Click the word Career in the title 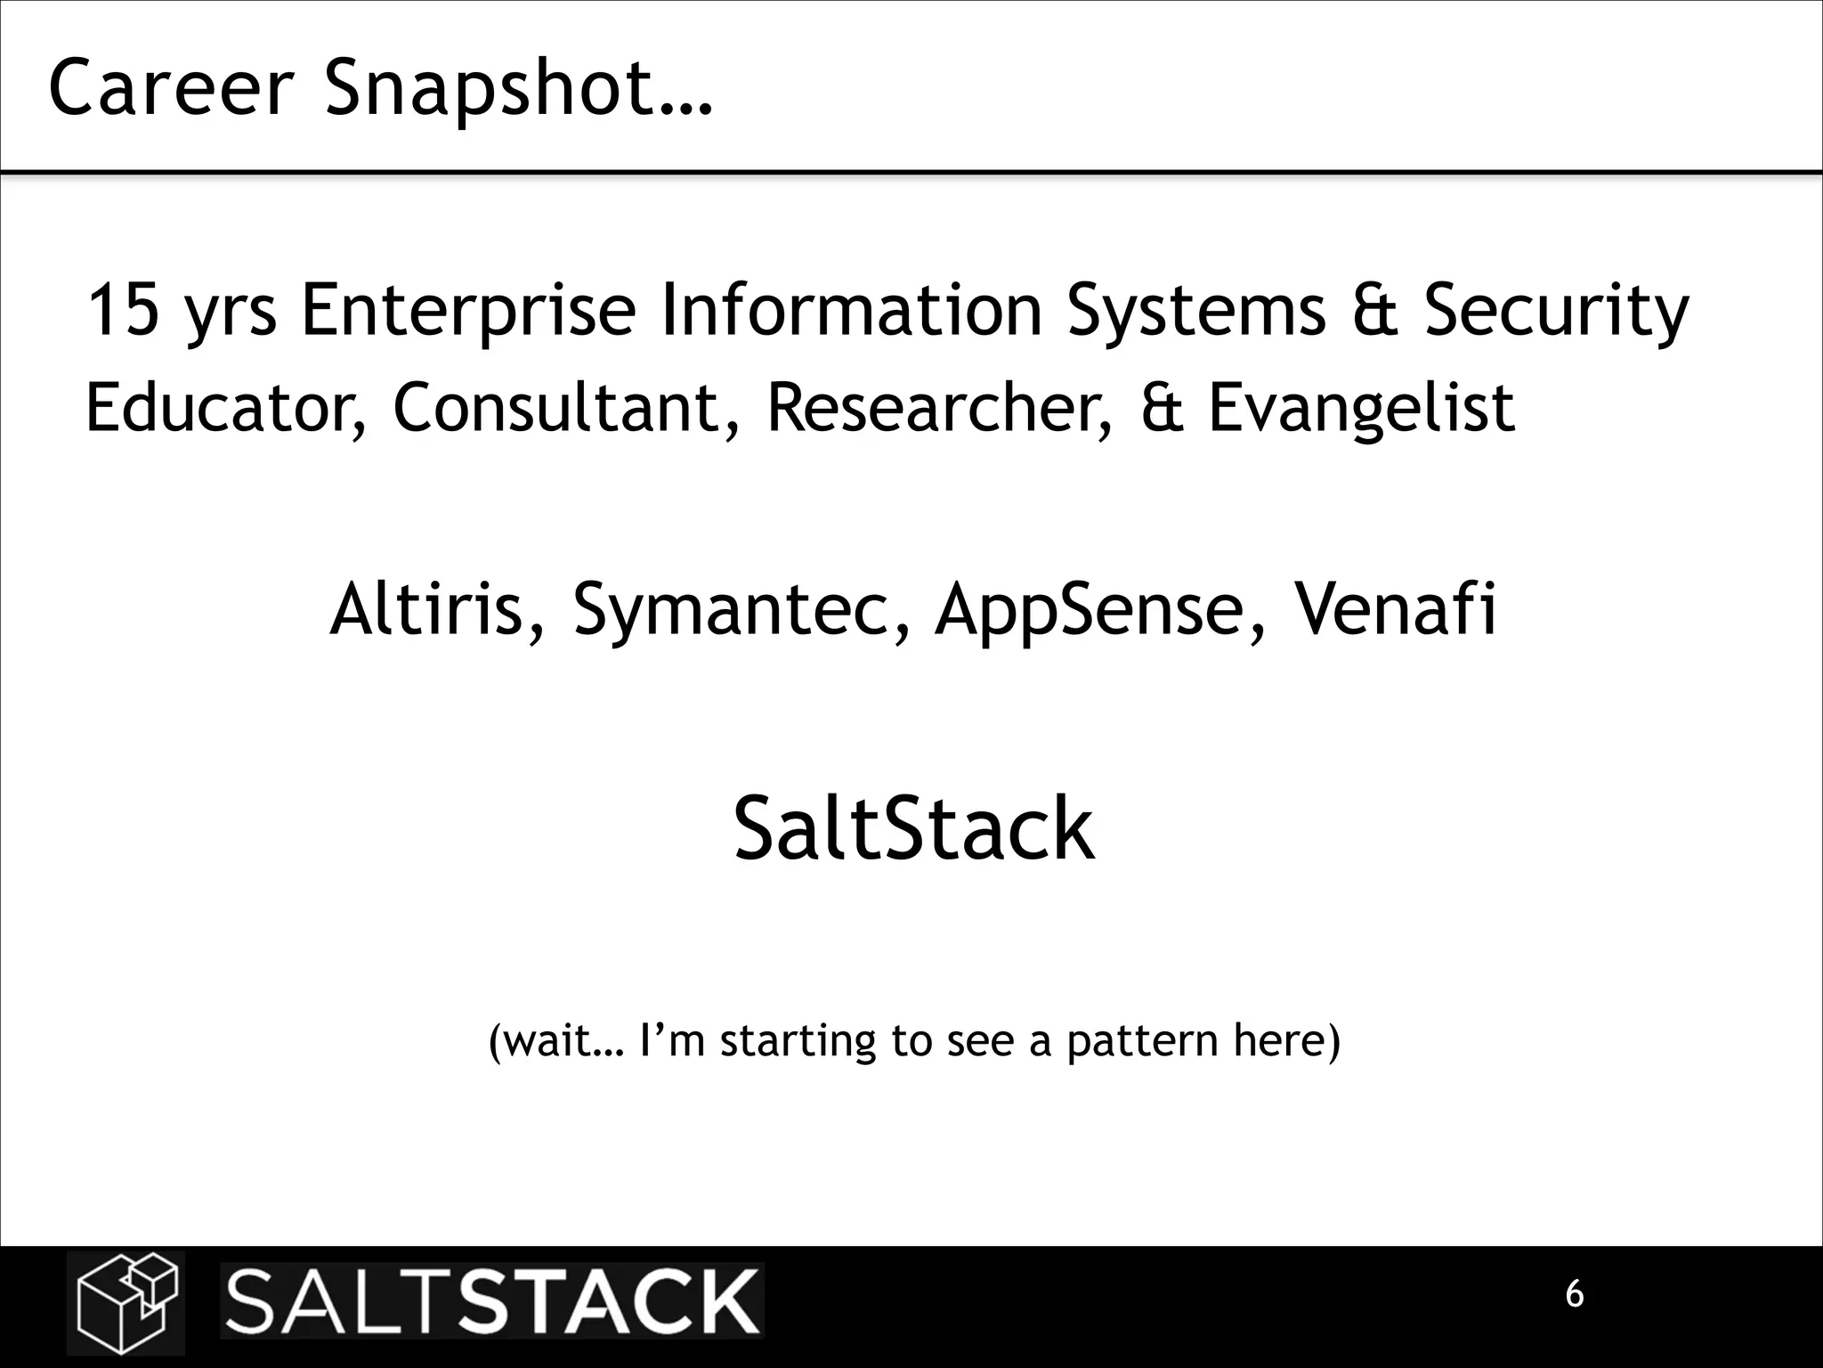click(x=170, y=88)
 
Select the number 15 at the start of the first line click(x=124, y=311)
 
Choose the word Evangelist click(x=1361, y=408)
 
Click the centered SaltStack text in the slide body click(x=913, y=829)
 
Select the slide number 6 click(x=1575, y=1294)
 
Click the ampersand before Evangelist click(x=1162, y=408)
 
